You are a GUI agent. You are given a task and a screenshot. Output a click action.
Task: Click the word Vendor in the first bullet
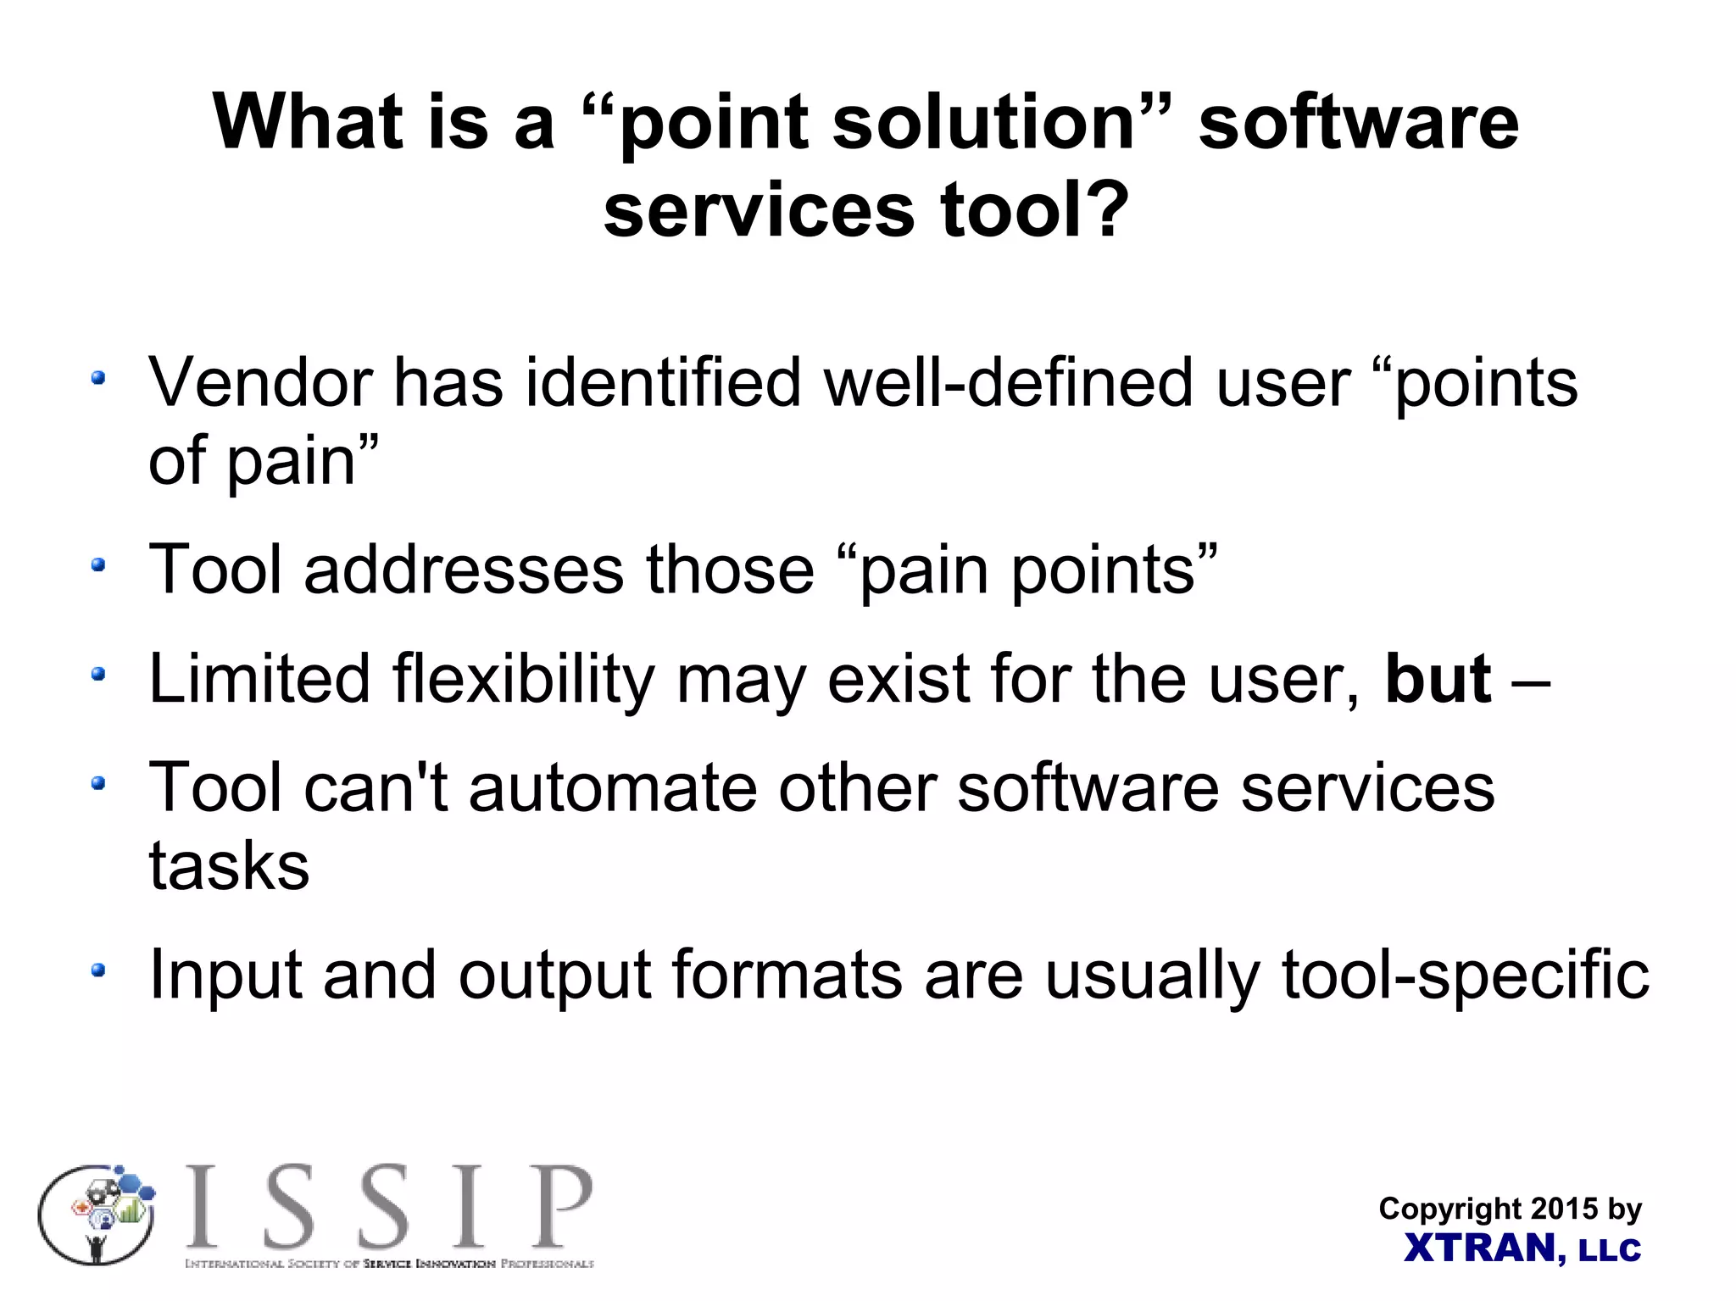261,383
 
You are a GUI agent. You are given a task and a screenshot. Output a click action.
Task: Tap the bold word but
1438,680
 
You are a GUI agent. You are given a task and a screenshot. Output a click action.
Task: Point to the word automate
613,788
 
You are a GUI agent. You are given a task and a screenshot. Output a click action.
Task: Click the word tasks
229,866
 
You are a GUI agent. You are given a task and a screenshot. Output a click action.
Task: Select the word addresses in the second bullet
464,570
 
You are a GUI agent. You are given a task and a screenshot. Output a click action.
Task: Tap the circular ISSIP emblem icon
97,1215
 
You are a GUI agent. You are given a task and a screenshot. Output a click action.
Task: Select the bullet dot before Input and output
99,970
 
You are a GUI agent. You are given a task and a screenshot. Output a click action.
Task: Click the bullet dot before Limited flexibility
99,675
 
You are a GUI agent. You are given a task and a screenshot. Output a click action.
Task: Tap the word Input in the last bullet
225,976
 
